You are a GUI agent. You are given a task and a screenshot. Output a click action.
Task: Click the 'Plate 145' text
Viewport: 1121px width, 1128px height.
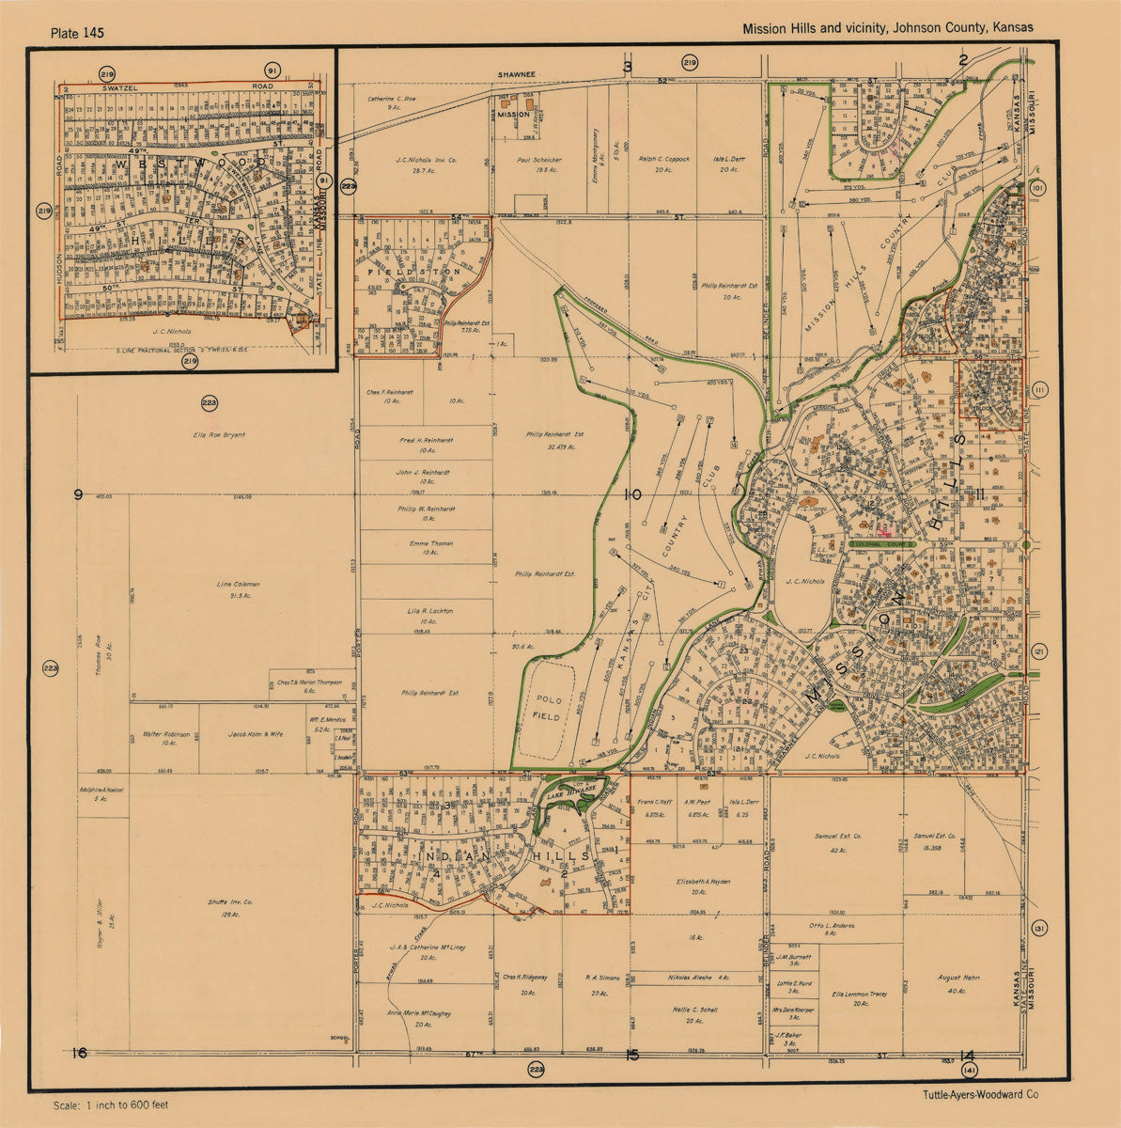(x=78, y=33)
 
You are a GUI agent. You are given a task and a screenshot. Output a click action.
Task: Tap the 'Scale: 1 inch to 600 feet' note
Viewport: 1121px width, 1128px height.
(x=111, y=1105)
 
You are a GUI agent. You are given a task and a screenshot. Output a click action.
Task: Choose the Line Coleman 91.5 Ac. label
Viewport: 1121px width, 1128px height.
(x=238, y=589)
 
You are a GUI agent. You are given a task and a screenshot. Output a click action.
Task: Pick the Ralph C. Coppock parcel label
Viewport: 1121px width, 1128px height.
(x=663, y=164)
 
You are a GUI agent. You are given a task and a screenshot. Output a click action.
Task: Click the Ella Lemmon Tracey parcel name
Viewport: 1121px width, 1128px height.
(x=860, y=998)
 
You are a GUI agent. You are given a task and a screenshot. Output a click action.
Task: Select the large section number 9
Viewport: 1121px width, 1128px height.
(x=79, y=494)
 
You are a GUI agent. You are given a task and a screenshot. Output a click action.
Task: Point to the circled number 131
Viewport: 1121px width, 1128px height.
(x=1038, y=929)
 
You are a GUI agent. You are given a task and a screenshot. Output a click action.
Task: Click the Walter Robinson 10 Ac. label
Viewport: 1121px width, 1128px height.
(x=166, y=738)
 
